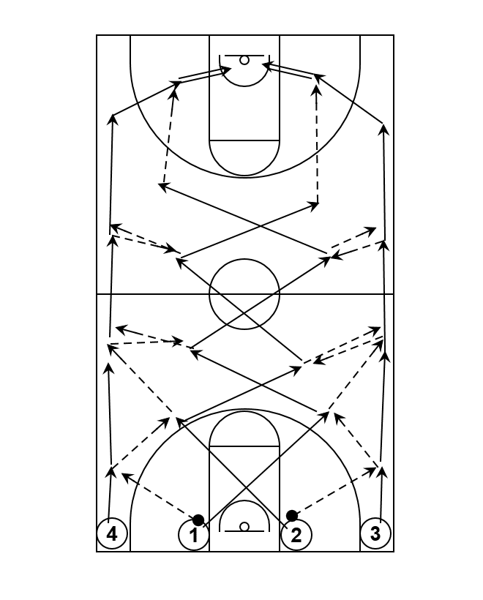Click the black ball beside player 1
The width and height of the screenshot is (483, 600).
pyautogui.click(x=198, y=520)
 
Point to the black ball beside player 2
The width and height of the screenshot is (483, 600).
pyautogui.click(x=292, y=516)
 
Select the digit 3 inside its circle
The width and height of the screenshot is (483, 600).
pyautogui.click(x=375, y=533)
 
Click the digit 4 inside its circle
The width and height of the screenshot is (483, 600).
pyautogui.click(x=112, y=534)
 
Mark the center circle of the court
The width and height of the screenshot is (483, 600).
pyautogui.click(x=244, y=259)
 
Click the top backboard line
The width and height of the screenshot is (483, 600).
pyautogui.click(x=244, y=56)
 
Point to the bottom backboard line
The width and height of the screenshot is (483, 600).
pyautogui.click(x=244, y=531)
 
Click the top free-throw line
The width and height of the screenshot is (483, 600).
pyautogui.click(x=244, y=140)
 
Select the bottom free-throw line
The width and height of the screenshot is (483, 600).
pyautogui.click(x=244, y=446)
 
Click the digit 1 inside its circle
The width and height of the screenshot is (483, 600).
pyautogui.click(x=194, y=536)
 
